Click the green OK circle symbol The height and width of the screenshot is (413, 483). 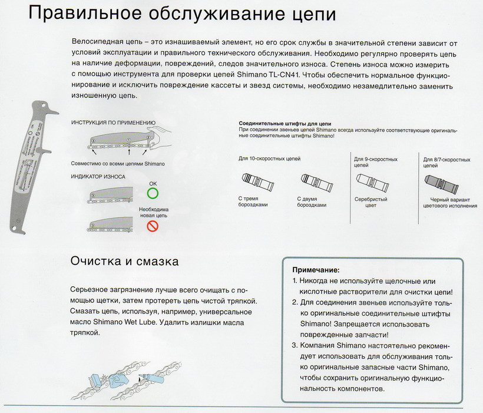tap(153, 193)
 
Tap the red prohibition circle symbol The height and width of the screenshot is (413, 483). tap(153, 226)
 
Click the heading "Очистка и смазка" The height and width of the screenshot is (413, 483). tap(124, 260)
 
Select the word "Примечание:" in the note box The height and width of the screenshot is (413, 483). tap(316, 269)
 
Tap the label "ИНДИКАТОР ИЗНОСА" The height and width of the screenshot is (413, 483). tap(97, 176)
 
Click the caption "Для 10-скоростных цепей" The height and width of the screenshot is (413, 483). tap(269, 159)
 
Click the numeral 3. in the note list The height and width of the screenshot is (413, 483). tap(295, 345)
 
